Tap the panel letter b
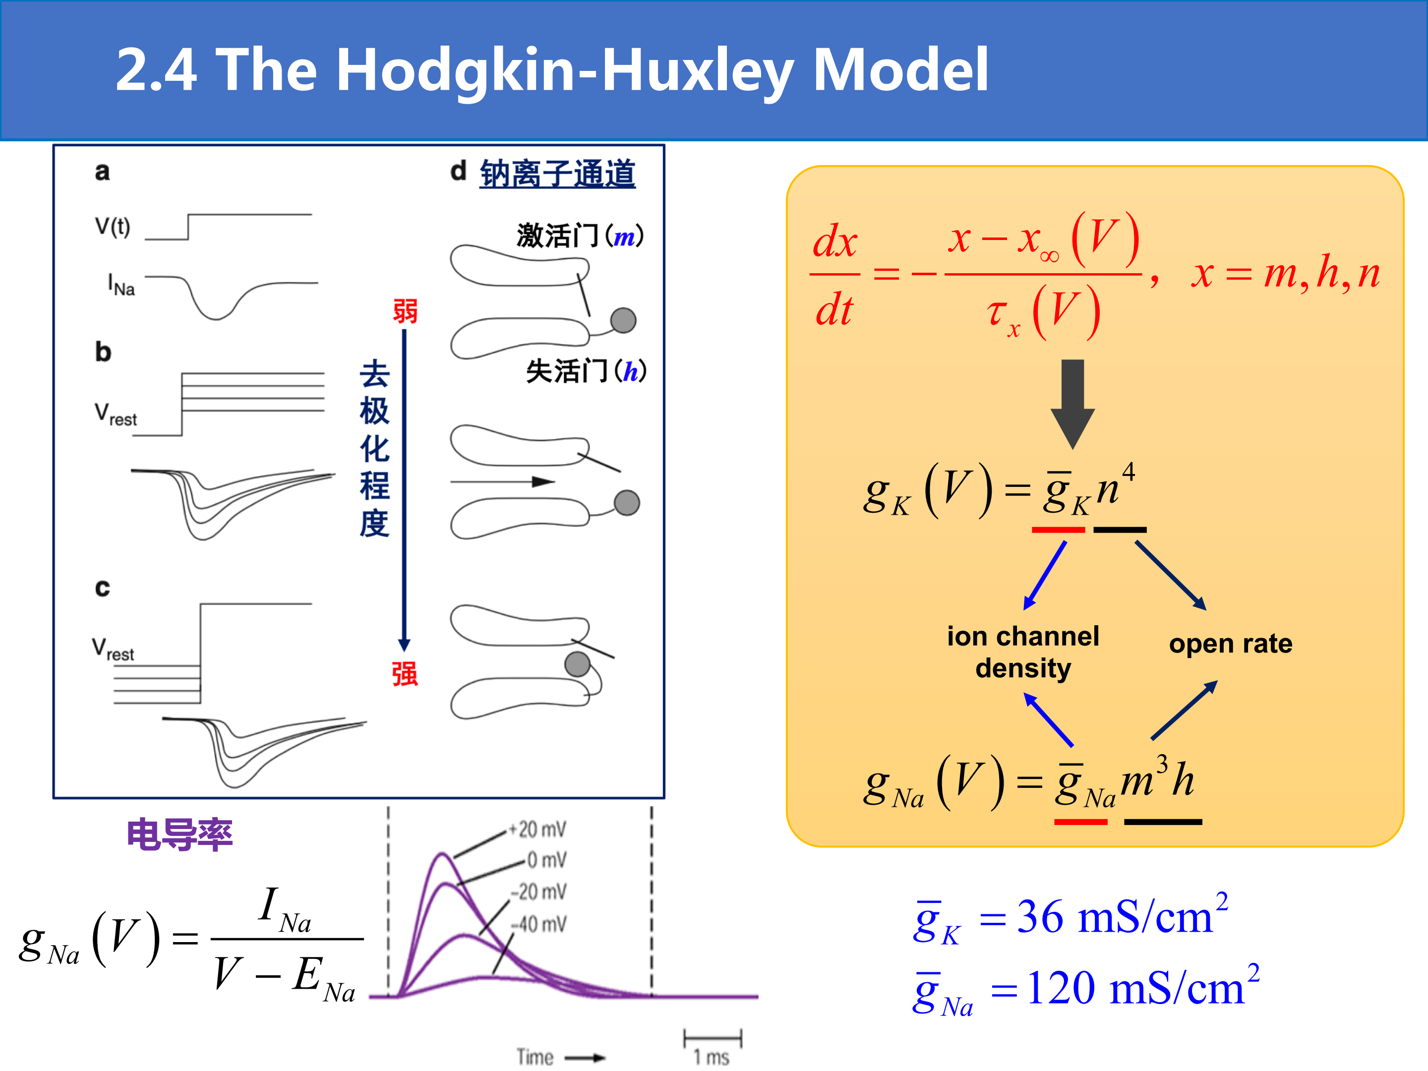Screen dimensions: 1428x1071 coord(103,352)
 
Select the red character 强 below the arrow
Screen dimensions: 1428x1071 coord(405,673)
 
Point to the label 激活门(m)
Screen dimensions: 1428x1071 coord(580,236)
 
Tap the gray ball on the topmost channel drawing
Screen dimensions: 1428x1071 coord(623,320)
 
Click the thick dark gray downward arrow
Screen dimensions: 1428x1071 coord(1072,404)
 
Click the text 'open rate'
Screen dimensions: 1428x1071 coord(1231,644)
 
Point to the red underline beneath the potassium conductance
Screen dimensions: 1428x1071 coord(1058,530)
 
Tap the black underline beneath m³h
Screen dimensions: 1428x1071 coord(1163,822)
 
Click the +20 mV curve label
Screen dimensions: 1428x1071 coord(537,829)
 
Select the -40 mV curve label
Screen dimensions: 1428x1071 coord(538,924)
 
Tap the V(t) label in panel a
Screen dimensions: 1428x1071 coord(113,227)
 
